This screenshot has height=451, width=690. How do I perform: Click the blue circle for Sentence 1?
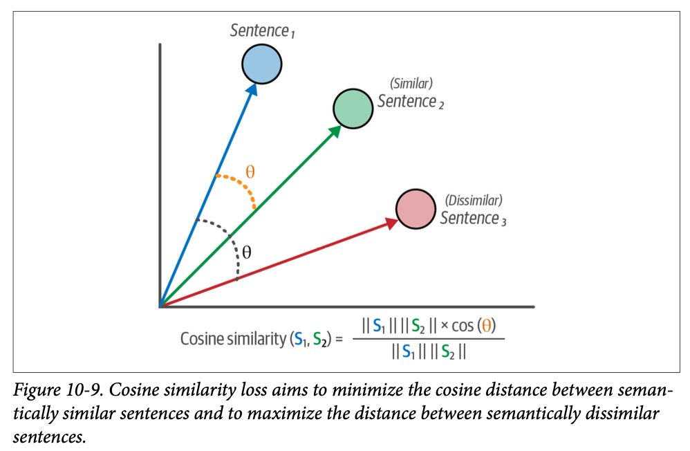pos(261,64)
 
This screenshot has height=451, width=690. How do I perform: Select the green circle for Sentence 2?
pos(353,108)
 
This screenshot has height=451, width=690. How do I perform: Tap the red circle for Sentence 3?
pos(416,209)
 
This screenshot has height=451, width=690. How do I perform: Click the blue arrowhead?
pos(252,90)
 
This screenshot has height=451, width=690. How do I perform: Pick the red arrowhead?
pos(390,222)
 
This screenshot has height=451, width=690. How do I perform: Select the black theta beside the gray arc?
pos(247,252)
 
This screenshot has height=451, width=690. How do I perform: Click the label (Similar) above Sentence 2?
pos(411,84)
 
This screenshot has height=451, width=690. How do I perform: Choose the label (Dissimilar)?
pos(474,201)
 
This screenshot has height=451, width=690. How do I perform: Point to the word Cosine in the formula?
pos(202,339)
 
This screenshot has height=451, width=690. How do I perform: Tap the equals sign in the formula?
pos(338,339)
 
